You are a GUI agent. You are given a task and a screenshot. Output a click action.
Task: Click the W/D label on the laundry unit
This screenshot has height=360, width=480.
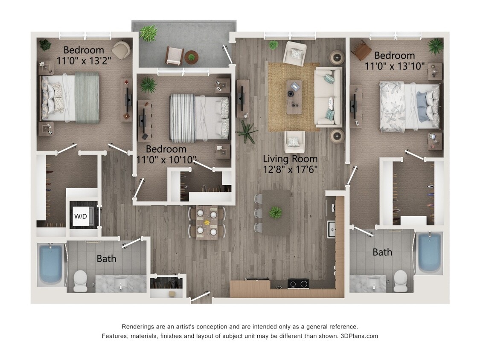click(x=80, y=216)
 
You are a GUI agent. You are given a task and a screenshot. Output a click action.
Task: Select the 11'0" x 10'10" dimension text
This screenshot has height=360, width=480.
click(x=167, y=160)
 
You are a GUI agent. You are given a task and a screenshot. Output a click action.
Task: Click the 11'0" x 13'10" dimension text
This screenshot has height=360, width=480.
click(x=395, y=66)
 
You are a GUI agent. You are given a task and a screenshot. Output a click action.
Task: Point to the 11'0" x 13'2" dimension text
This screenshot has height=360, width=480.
click(x=84, y=61)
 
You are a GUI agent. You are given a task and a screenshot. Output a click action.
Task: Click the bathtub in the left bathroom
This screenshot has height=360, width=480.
click(x=51, y=264)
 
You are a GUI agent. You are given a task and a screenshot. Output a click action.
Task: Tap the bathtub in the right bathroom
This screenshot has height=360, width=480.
click(x=429, y=253)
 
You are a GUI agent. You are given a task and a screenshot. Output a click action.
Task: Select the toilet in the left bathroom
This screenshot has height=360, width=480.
click(x=80, y=281)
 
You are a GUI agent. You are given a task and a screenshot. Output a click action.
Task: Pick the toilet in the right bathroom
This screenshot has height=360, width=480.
click(x=400, y=281)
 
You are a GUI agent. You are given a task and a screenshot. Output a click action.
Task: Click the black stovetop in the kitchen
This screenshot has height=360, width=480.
click(x=298, y=283)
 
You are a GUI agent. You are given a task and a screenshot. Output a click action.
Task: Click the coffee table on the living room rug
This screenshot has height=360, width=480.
click(x=294, y=97)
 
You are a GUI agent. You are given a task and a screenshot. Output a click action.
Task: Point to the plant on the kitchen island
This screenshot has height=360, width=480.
click(x=275, y=212)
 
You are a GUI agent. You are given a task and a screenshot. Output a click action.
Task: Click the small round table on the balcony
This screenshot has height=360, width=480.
click(x=191, y=57)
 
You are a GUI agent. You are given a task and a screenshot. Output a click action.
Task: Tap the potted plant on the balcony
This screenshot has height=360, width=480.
click(x=148, y=33)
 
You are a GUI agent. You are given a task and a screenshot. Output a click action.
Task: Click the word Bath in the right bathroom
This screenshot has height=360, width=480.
click(x=382, y=252)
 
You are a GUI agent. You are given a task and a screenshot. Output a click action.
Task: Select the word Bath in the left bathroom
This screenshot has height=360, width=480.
click(x=106, y=258)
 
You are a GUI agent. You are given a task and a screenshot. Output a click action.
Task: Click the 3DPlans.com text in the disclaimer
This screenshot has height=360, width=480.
click(x=359, y=336)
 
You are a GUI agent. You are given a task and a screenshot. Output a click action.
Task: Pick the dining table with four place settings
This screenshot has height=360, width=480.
click(x=207, y=222)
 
